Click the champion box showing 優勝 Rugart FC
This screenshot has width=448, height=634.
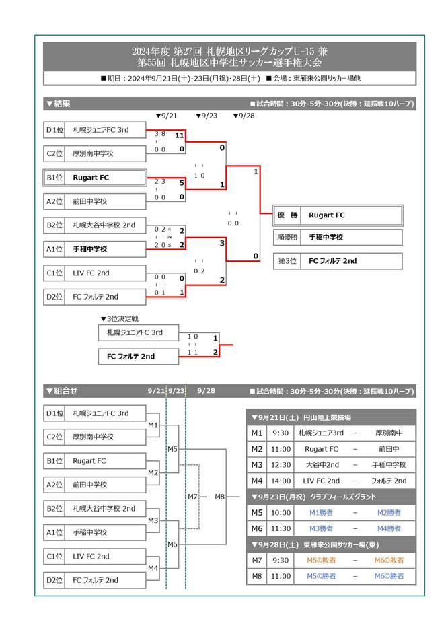pos(337,215)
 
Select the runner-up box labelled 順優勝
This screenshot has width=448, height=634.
pos(337,237)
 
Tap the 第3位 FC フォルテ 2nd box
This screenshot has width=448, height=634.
pos(337,260)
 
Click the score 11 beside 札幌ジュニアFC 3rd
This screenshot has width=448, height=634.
pos(180,135)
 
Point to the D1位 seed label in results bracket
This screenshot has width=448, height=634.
pos(54,130)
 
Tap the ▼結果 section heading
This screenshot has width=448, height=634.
pos(58,104)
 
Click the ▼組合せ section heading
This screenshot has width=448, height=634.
pos(61,391)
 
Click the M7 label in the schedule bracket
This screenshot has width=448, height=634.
pos(192,497)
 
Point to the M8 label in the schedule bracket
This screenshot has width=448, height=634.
pos(220,497)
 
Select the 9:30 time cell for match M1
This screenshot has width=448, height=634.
pos(281,433)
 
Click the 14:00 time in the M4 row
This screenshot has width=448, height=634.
pos(281,481)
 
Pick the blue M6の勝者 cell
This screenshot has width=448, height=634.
pos(389,576)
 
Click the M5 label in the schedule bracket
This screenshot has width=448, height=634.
pos(172,448)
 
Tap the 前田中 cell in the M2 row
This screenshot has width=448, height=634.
pos(389,449)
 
